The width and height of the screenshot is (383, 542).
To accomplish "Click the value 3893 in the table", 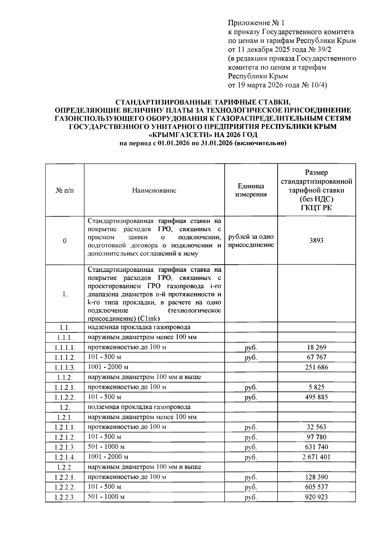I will click(316, 240).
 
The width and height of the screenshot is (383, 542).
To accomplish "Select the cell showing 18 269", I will click(316, 347).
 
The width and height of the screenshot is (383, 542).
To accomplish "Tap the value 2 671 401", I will click(316, 457).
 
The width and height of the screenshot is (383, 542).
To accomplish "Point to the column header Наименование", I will click(154, 190).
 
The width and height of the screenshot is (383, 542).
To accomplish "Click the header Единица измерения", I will click(251, 190).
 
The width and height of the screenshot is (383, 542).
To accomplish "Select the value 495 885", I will click(316, 397).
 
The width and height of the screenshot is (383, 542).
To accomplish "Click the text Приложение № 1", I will click(256, 23).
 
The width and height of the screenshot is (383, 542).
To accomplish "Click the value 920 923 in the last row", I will click(316, 497).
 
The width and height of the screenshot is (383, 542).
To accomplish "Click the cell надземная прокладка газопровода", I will click(139, 327).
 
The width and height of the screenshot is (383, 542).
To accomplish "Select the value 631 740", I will click(316, 447).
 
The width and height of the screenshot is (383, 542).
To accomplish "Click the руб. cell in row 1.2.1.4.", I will click(251, 458).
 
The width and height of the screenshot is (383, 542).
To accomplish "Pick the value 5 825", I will click(316, 387).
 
